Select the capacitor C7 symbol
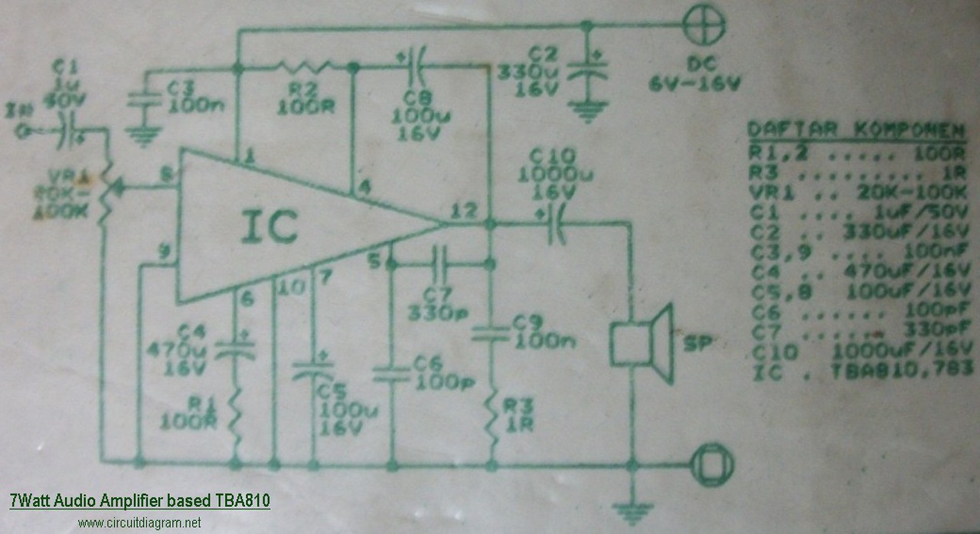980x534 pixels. click(x=439, y=264)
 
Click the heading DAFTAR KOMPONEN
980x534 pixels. click(x=856, y=129)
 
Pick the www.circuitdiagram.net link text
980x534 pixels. click(x=139, y=523)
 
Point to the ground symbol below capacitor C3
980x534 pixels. click(x=140, y=137)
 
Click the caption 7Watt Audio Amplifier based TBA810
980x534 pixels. click(x=139, y=502)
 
